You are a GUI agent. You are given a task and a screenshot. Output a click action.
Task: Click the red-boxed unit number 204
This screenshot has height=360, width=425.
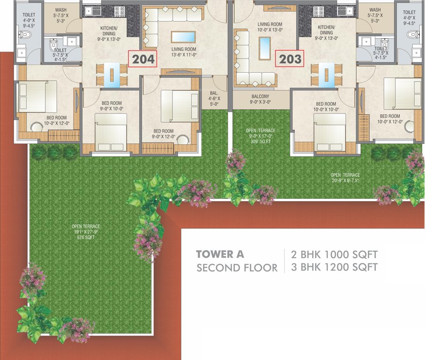click(142, 60)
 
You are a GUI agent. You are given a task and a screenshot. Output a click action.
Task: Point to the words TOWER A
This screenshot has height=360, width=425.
click(220, 255)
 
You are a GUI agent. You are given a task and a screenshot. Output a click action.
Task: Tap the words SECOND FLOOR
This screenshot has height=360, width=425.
click(237, 268)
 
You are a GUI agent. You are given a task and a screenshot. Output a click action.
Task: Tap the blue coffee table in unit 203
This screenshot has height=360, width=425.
click(265, 47)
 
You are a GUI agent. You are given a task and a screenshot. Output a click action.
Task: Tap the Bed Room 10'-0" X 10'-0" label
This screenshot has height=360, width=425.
click(325, 106)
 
